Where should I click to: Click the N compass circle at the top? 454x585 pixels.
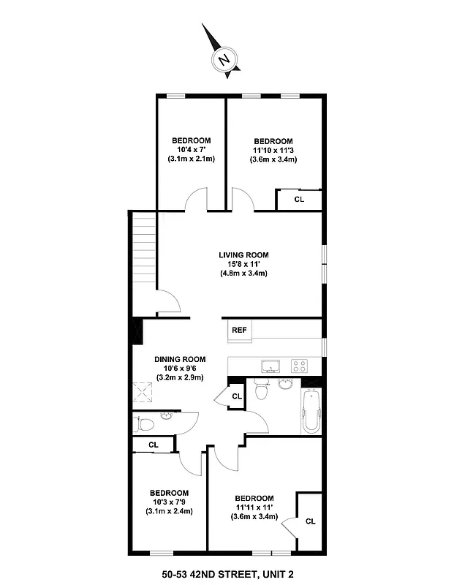coord(224,59)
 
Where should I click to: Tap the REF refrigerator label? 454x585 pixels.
coord(239,331)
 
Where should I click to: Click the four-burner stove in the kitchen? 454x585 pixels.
coord(299,365)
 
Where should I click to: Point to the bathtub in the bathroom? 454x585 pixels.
coord(310,412)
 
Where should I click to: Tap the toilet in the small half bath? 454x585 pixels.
coord(143,423)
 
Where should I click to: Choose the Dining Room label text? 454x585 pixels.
coord(180,360)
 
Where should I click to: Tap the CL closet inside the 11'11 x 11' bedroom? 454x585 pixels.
coord(310,521)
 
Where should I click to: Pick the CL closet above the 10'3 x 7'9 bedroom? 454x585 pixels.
coord(154,444)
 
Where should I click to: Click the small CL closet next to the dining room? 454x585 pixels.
coord(236,396)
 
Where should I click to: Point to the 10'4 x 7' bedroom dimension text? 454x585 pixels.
coord(192,150)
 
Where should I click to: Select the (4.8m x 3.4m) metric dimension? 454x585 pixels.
coord(243,273)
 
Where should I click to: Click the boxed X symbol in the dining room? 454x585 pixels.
coord(141,394)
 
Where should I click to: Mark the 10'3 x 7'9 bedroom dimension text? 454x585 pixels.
coord(169,502)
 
